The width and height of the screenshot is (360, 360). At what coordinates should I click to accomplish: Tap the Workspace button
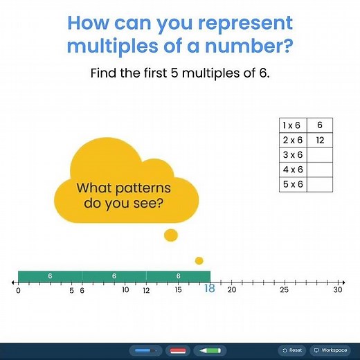tap(330, 350)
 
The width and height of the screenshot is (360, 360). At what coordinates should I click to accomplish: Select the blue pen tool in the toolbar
tap(145, 350)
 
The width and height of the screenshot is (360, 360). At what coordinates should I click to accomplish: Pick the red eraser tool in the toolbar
tap(177, 350)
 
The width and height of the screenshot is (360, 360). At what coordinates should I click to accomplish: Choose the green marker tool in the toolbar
tap(210, 350)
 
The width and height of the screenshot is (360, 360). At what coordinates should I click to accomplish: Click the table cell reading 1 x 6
tap(292, 125)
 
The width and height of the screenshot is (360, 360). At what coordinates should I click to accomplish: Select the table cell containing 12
tap(320, 140)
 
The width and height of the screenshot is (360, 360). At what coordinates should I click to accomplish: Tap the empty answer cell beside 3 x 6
tap(320, 155)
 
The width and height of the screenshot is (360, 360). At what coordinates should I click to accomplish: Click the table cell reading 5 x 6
tap(292, 185)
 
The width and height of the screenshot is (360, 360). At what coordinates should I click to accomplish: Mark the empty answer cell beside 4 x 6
tap(320, 170)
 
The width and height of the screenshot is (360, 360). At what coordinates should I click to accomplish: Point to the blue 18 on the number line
tap(209, 289)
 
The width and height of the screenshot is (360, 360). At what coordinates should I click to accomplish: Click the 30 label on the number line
tap(337, 290)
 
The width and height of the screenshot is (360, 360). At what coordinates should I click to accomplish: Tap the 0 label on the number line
tap(18, 291)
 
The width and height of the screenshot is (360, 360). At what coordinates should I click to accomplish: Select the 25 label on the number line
tap(284, 290)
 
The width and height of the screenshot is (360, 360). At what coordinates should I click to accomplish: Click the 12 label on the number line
tap(146, 291)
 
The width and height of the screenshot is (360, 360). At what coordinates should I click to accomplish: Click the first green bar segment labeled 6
tap(50, 276)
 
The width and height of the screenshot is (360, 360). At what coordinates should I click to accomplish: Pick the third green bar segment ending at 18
tap(178, 276)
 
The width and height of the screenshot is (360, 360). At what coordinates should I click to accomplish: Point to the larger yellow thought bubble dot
tap(170, 236)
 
